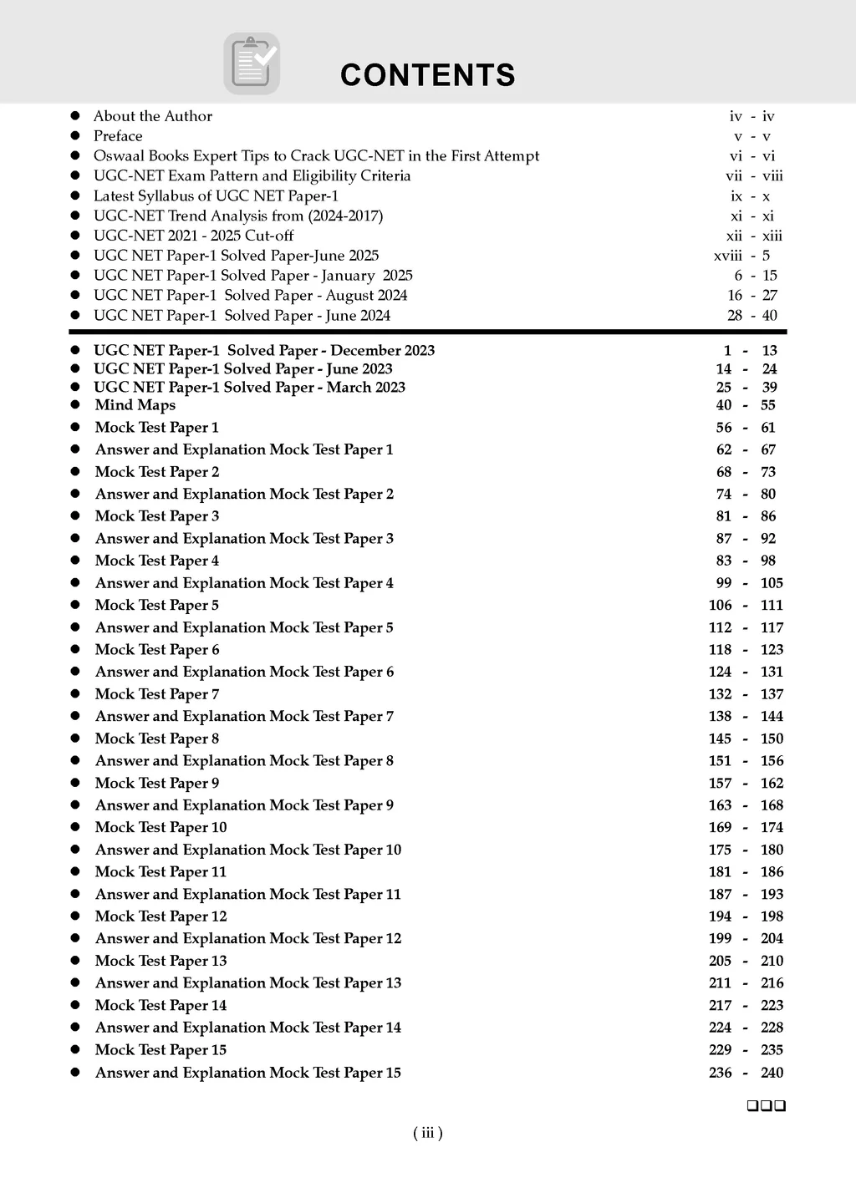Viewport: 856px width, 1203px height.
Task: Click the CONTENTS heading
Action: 427,75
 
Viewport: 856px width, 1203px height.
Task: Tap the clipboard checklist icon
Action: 252,63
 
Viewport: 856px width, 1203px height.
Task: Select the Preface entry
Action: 118,136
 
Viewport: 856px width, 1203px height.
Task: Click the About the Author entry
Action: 153,116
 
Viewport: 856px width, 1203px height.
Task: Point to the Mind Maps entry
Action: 135,405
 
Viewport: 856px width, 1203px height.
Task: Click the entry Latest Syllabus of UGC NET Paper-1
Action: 216,196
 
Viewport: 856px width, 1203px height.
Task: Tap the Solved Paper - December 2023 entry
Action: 264,351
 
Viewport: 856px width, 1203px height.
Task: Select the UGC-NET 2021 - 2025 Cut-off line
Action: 194,236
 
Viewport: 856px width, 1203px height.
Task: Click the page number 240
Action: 772,1073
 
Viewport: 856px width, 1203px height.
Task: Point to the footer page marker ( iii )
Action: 428,1133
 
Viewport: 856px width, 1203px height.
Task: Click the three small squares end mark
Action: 767,1106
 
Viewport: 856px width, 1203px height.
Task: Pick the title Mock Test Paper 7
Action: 157,694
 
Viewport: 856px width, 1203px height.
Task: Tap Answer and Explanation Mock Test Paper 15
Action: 248,1073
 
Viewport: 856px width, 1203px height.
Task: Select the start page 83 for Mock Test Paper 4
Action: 724,561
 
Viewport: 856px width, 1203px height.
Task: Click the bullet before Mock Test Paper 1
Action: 75,428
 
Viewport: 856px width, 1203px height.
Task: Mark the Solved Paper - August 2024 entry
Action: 251,296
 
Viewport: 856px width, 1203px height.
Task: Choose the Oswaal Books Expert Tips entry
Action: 316,156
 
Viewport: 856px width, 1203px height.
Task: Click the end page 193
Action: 772,894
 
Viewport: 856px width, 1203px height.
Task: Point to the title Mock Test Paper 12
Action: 161,916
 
